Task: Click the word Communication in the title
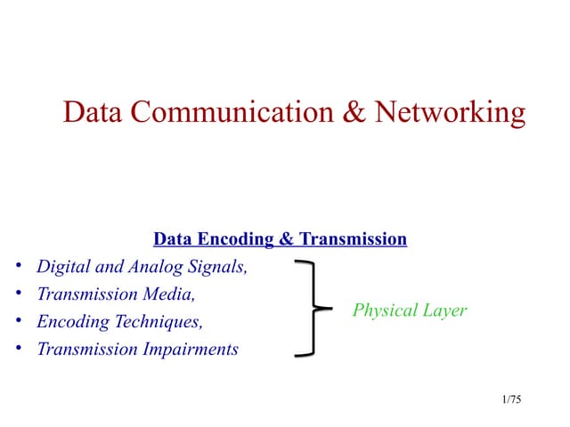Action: point(232,112)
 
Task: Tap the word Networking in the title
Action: point(450,113)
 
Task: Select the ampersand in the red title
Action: point(354,112)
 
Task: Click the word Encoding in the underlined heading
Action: point(235,240)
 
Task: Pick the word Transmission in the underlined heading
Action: point(353,239)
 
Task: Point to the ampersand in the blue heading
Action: point(287,239)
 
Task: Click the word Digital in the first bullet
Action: point(63,267)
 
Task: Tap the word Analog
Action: point(156,267)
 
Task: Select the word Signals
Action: point(217,267)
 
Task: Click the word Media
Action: point(169,294)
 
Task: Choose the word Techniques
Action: point(159,322)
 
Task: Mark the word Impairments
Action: point(191,350)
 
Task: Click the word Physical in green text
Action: point(385,310)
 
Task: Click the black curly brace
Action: point(314,308)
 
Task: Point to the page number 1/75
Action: point(511,399)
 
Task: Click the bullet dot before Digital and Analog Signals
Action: point(19,265)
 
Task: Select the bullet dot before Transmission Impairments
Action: point(19,348)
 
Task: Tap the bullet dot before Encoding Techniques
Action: point(19,320)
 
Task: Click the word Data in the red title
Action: point(93,112)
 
